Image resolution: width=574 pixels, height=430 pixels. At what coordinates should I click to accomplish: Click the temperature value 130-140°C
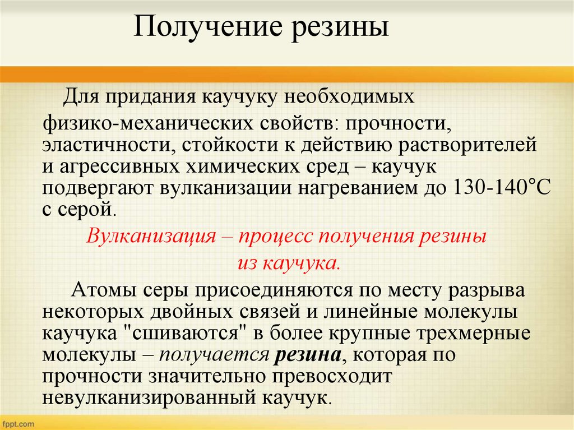(501, 188)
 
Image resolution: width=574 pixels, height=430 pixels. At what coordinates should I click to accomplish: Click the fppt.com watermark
(18, 422)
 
